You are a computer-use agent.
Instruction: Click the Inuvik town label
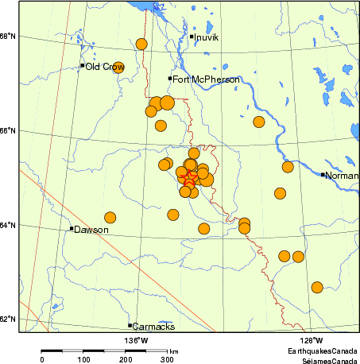point(209,37)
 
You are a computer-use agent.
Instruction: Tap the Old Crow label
point(105,67)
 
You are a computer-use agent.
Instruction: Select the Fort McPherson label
point(205,79)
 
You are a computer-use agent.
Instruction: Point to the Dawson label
point(91,230)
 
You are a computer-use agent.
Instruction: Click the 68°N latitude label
point(9,37)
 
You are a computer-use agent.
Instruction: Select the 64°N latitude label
point(9,225)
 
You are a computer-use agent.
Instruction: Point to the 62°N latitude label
point(9,319)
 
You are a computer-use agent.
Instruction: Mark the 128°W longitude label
point(311,341)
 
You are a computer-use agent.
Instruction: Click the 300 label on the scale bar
point(168,360)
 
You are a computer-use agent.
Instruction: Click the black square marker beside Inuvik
point(192,37)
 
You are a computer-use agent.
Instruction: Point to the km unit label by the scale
point(173,350)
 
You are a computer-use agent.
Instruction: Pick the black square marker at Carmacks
point(130,326)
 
